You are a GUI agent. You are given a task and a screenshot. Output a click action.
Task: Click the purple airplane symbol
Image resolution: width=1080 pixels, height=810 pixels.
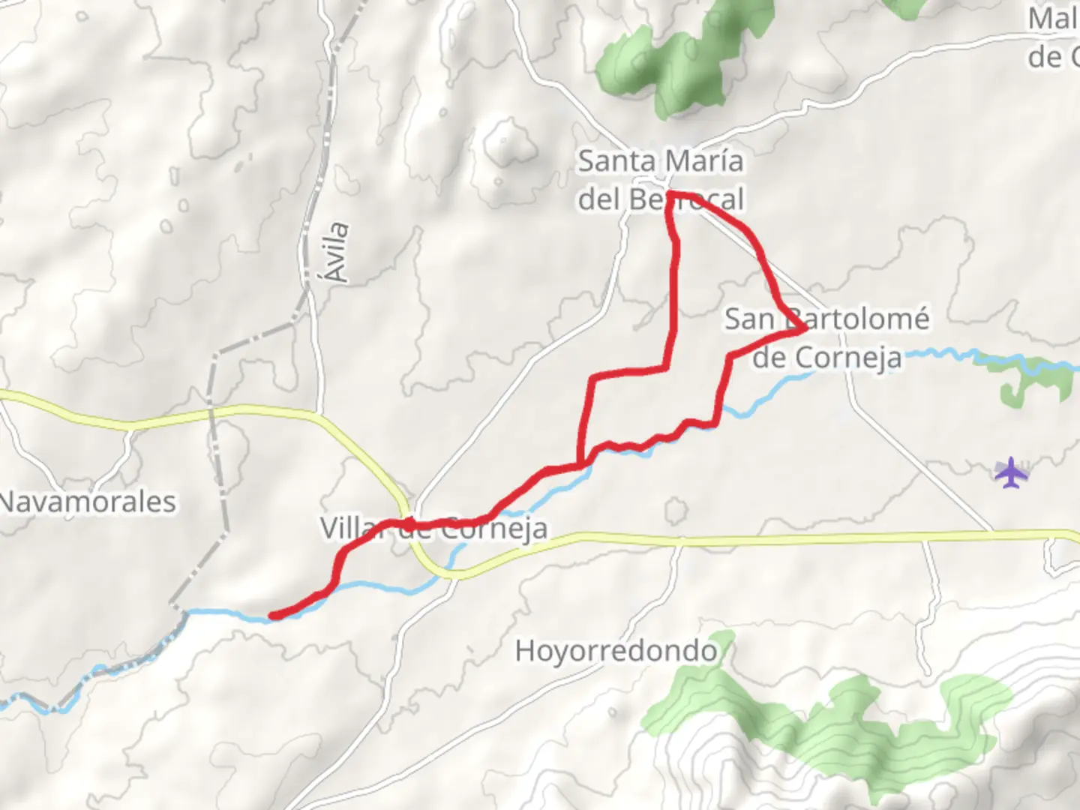pyautogui.click(x=1011, y=472)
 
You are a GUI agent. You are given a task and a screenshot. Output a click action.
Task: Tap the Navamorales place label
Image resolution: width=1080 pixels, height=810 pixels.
pyautogui.click(x=87, y=502)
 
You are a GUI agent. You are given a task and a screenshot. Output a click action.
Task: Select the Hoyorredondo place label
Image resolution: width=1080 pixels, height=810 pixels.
pyautogui.click(x=615, y=650)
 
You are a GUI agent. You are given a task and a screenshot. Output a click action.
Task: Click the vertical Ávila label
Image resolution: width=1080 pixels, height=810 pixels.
pyautogui.click(x=338, y=252)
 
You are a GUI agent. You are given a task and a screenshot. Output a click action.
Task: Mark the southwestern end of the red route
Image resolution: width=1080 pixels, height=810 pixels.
pyautogui.click(x=272, y=616)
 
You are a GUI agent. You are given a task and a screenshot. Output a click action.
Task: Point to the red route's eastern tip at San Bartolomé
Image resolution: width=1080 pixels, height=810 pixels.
pyautogui.click(x=804, y=328)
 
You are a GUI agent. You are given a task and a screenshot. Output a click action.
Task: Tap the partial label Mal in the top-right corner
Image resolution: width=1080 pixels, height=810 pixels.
pyautogui.click(x=1053, y=19)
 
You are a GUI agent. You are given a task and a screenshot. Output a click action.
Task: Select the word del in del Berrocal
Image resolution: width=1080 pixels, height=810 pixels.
pyautogui.click(x=599, y=199)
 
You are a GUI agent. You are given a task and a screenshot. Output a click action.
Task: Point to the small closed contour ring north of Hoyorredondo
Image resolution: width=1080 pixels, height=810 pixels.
pyautogui.click(x=675, y=511)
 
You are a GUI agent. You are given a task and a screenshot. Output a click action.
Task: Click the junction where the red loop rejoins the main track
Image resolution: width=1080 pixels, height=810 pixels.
pyautogui.click(x=580, y=465)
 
